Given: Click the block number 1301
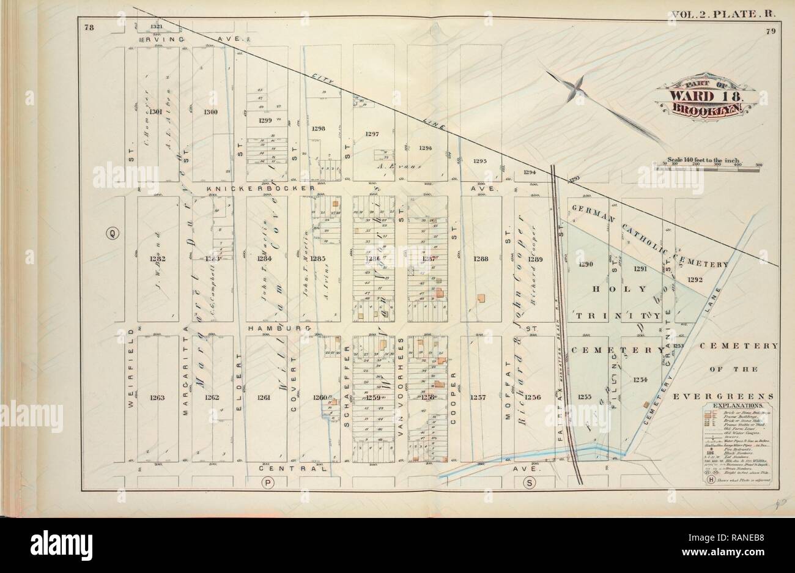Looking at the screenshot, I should (156, 111).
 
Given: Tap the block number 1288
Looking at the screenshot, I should (480, 259).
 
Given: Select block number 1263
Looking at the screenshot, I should (157, 397).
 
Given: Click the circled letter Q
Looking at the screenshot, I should (113, 233).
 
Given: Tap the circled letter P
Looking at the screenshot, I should (268, 483).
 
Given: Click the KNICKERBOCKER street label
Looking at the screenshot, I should (260, 189).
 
